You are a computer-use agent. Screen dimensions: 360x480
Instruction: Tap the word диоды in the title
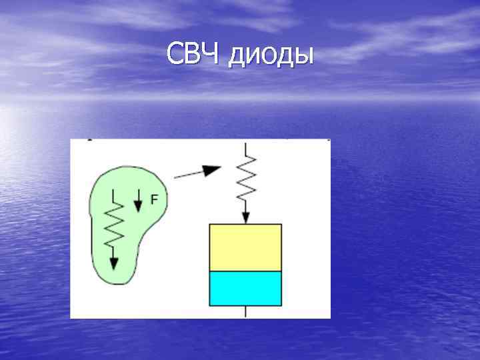(x=270, y=56)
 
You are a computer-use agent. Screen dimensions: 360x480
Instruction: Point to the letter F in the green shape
(x=154, y=198)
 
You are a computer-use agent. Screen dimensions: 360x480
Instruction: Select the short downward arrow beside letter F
(x=138, y=201)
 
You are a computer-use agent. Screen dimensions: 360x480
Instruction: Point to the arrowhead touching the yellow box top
(x=246, y=217)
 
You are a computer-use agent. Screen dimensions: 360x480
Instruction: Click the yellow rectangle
(x=245, y=247)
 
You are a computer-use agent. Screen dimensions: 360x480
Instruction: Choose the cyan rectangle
(x=245, y=288)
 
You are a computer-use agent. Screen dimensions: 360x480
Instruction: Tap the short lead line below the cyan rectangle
(x=246, y=311)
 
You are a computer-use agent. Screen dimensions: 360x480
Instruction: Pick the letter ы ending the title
(x=304, y=57)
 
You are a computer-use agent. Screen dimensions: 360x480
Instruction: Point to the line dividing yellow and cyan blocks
(x=245, y=271)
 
